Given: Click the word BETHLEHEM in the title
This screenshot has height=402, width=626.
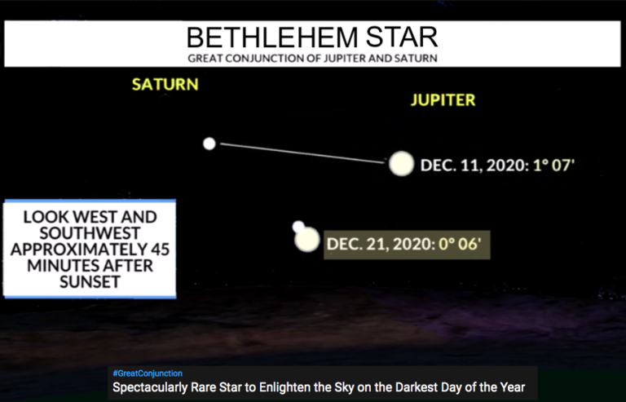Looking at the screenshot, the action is pos(272,38).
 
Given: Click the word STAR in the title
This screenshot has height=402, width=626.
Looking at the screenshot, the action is pos(402,38).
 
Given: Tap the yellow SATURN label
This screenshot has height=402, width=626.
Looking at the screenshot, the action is pos(165,84).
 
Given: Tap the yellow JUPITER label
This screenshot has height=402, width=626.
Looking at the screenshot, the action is pos(443,99).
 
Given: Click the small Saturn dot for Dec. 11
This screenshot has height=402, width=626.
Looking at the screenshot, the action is pos(209,144).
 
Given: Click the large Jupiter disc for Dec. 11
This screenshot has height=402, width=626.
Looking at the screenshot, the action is pos(401,164).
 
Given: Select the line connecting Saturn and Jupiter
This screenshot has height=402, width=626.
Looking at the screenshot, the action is pos(302,153).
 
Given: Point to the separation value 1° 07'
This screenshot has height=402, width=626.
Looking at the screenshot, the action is pos(553,165).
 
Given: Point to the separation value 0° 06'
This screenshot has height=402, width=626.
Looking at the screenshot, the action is pos(460,244).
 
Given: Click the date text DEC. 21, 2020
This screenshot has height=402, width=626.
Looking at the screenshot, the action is pos(381,245).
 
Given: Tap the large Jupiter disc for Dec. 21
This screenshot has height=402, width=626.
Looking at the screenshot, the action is pos(307,240).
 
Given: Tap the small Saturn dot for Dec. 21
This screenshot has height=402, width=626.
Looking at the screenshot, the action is pos(298,227).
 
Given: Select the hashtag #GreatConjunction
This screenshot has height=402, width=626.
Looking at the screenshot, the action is pos(148,373).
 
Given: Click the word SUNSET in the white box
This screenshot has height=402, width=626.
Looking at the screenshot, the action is pos(90,282).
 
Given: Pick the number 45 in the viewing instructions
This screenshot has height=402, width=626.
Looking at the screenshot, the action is pos(160,249).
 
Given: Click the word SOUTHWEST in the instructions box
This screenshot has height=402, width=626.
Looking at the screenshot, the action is pos(90,233).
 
